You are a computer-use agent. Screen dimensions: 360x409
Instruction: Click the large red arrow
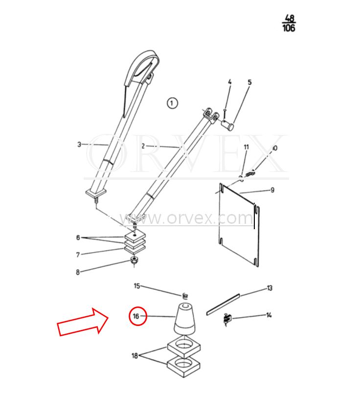click(x=83, y=322)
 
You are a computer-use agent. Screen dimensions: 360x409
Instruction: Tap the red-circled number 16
click(x=138, y=316)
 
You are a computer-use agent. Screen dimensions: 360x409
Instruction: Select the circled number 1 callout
click(x=172, y=103)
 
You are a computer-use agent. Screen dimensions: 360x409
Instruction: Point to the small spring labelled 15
click(x=185, y=296)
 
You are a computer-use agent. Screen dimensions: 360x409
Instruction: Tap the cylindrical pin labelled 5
click(x=228, y=125)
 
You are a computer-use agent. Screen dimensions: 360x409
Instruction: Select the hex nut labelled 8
click(x=134, y=260)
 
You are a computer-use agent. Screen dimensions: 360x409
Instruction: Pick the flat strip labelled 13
click(x=223, y=304)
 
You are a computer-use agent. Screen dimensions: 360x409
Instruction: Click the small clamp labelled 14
click(x=227, y=319)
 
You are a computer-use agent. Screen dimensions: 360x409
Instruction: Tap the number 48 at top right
click(x=290, y=18)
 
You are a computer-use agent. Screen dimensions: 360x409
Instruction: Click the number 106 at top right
click(x=289, y=28)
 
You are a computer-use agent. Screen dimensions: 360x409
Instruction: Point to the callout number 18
click(x=135, y=356)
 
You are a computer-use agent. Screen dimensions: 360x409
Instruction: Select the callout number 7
click(x=78, y=255)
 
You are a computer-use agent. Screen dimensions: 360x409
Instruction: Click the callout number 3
click(x=79, y=144)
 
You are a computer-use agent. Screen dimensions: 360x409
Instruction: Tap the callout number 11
click(x=247, y=147)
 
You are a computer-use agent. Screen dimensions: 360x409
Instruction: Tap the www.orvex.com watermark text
click(x=186, y=218)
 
